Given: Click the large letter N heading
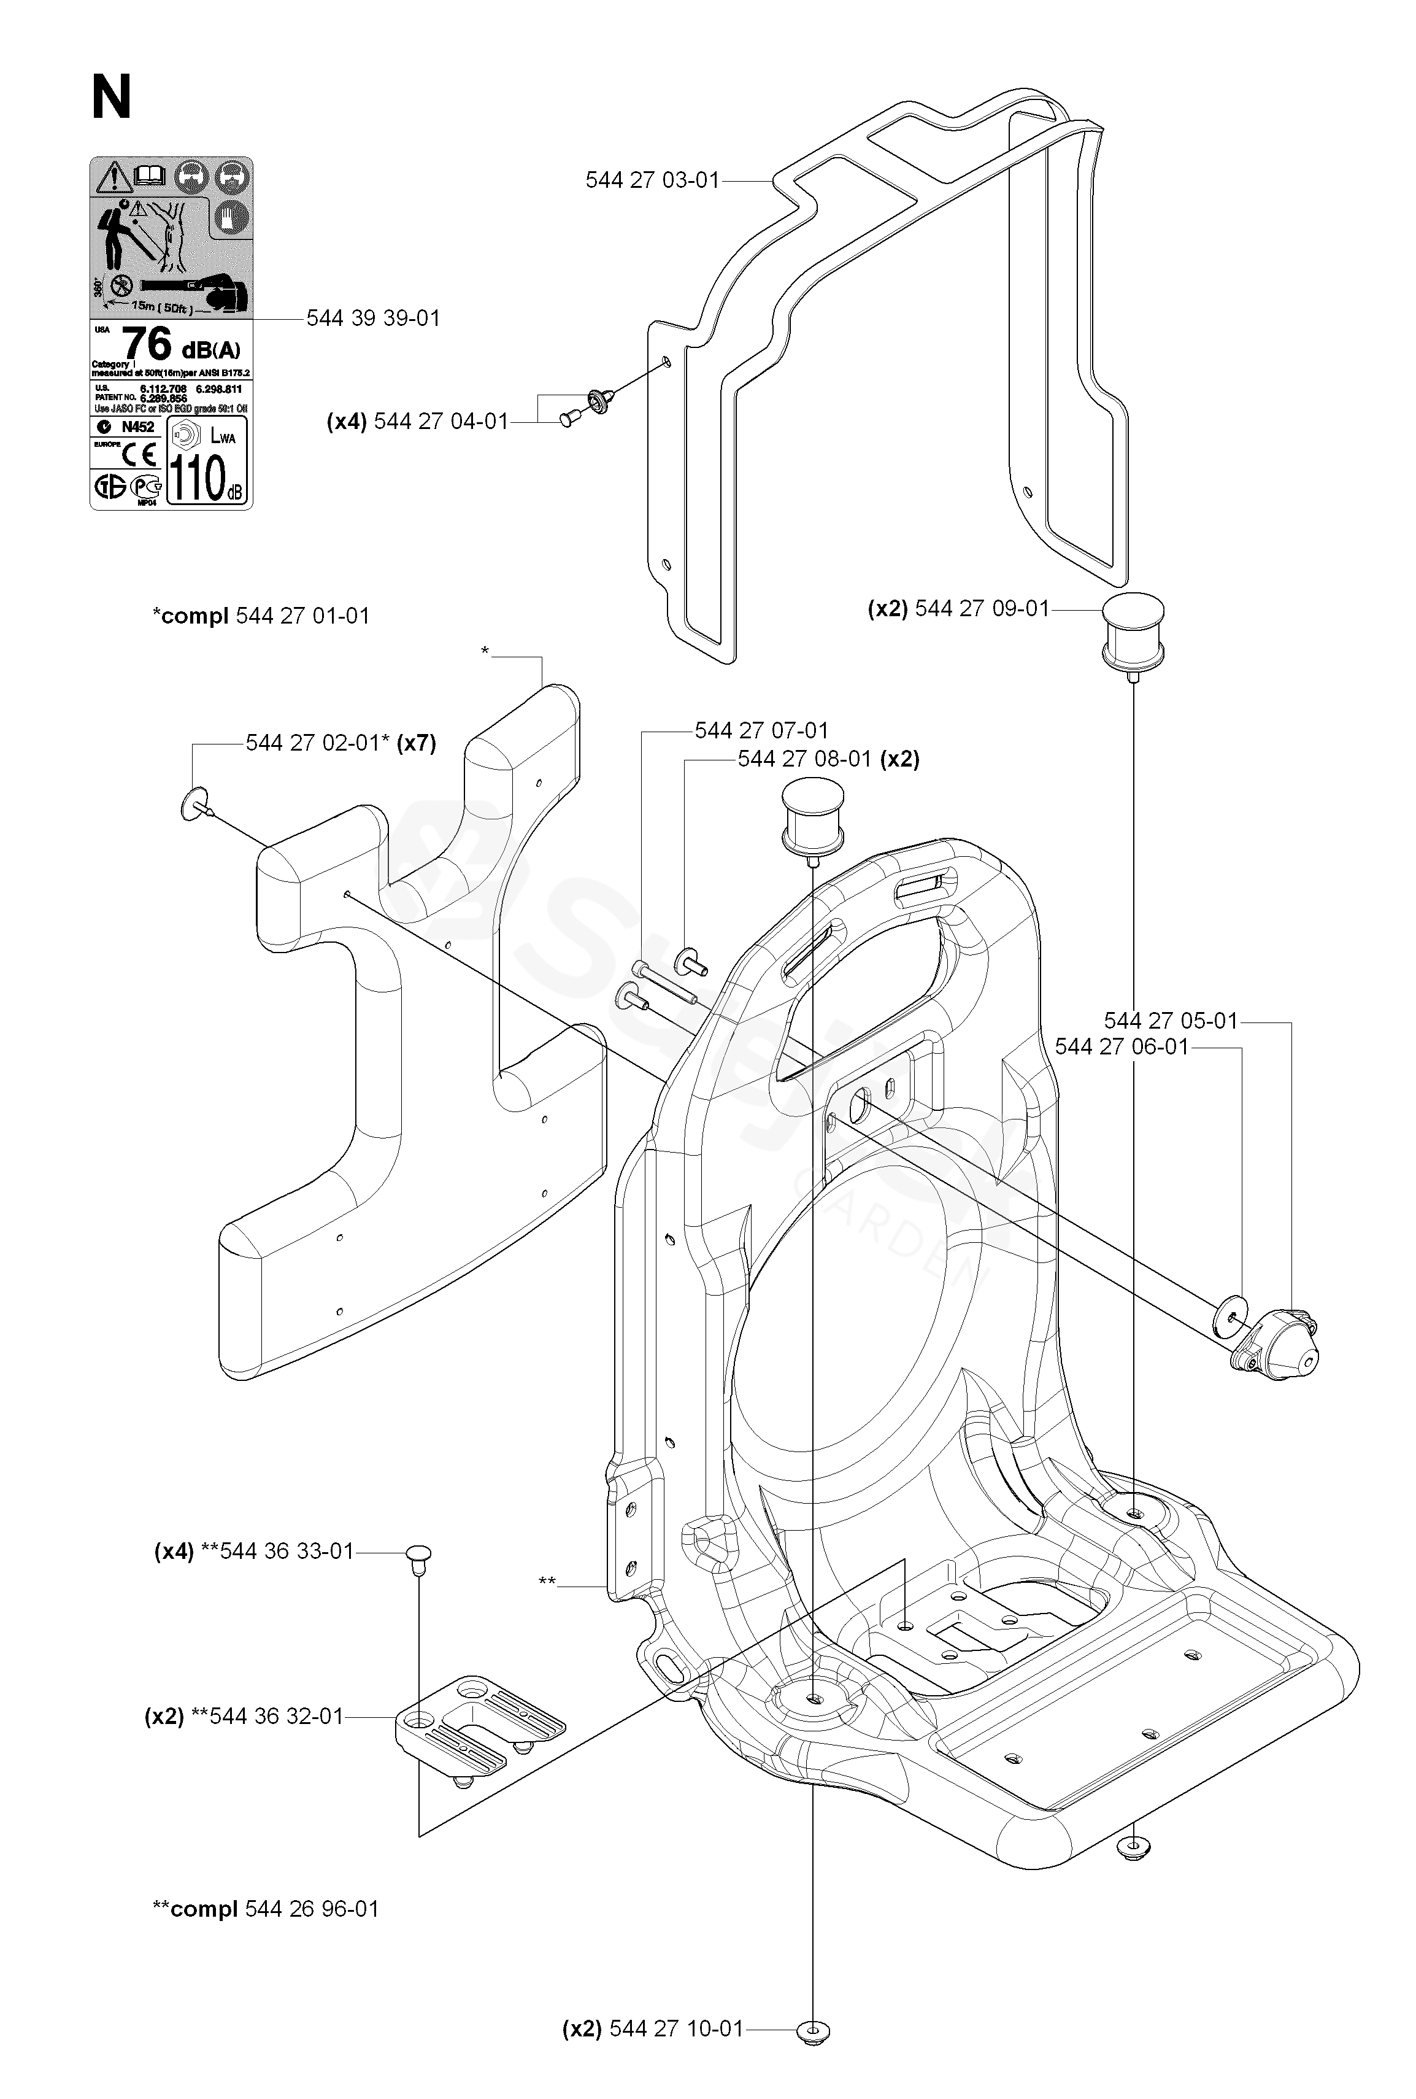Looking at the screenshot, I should [111, 98].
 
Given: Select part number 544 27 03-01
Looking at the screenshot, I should [652, 180].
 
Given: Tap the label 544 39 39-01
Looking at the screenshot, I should [373, 319].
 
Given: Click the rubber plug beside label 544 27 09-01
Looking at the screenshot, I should [1131, 632].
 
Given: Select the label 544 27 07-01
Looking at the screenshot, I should [761, 730].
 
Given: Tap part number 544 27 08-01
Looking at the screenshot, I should [804, 760].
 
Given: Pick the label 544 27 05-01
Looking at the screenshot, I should [1171, 1021].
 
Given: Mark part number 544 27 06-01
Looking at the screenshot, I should [1122, 1047].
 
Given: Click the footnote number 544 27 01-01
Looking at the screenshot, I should [302, 616].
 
